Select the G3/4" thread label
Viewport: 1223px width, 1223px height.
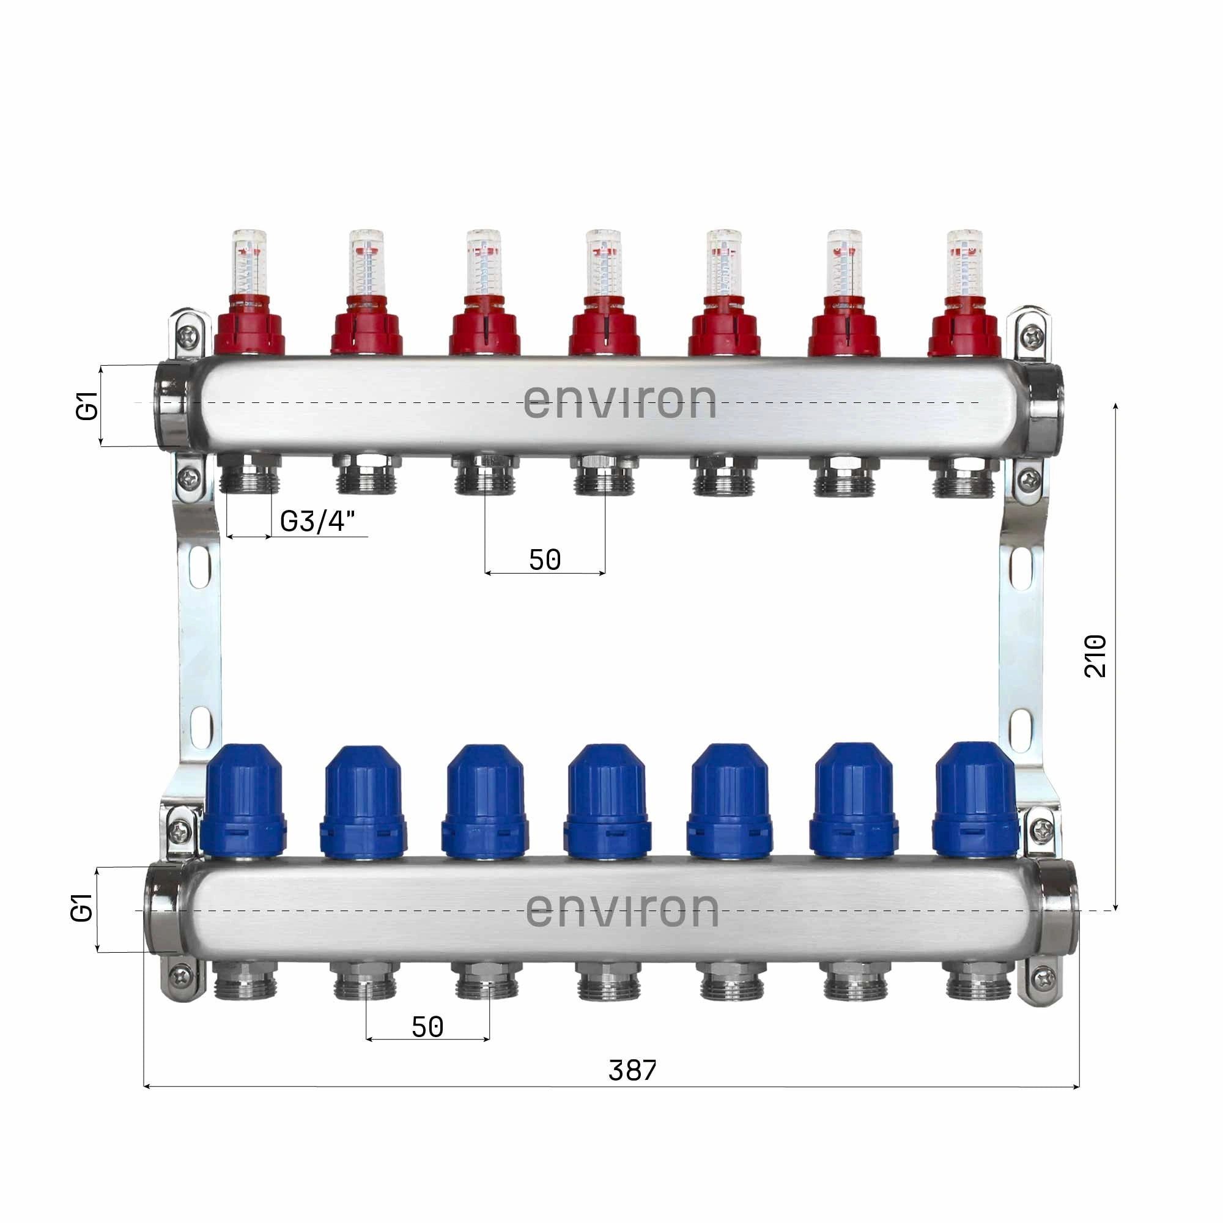pos(318,522)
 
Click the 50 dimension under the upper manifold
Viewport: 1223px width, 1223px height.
pos(545,560)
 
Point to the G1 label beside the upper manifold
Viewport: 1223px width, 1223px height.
pos(87,406)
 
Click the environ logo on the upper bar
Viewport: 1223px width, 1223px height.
pos(619,402)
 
